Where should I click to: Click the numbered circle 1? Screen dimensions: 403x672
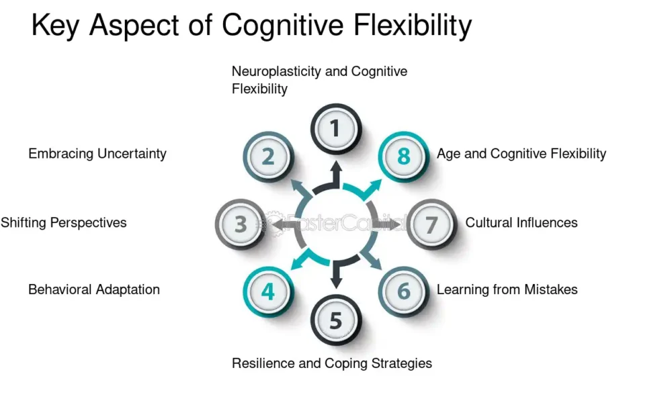click(x=335, y=128)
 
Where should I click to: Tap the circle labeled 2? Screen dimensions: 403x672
click(x=268, y=156)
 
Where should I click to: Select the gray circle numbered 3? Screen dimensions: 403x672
click(x=240, y=224)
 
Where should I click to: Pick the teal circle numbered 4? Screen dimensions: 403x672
click(x=268, y=292)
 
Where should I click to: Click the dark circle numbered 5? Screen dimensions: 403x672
click(x=335, y=320)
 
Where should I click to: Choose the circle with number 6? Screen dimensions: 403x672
click(x=403, y=292)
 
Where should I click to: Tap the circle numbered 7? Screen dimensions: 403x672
click(x=431, y=224)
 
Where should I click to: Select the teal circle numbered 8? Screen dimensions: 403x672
click(x=403, y=156)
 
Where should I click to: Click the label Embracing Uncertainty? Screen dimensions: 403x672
click(x=97, y=154)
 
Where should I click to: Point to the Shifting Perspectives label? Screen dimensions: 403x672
click(x=63, y=222)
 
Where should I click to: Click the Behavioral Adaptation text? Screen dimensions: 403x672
click(x=94, y=290)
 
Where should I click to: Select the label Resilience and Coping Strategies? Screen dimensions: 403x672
click(x=332, y=363)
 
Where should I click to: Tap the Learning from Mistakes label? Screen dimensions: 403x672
click(x=507, y=290)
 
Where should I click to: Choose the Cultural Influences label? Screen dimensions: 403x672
click(x=521, y=222)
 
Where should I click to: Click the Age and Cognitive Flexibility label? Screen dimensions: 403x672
click(x=521, y=154)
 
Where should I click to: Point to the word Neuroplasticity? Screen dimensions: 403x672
click(x=276, y=71)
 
